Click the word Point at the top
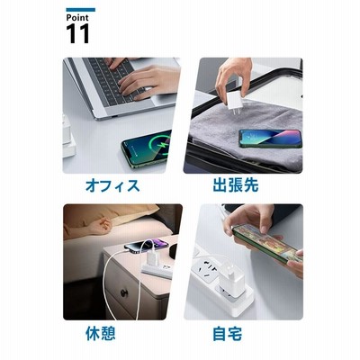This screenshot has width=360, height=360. tap(77, 18)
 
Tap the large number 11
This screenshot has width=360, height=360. tap(77, 33)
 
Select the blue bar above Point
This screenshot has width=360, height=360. tap(80, 10)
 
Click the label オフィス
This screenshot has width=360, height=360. tap(112, 185)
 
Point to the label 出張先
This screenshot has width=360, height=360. tap(236, 185)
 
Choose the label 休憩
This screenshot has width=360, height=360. tap(101, 333)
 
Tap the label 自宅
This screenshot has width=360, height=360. tap(228, 334)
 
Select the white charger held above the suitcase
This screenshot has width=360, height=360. tap(236, 101)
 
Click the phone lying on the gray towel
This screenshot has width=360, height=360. tap(270, 139)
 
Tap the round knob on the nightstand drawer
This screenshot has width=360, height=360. tap(124, 292)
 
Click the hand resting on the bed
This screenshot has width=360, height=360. tap(100, 226)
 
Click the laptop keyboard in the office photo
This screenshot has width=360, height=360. tap(115, 79)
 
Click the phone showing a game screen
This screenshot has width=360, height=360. tap(267, 242)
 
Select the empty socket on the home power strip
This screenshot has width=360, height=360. tap(208, 269)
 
